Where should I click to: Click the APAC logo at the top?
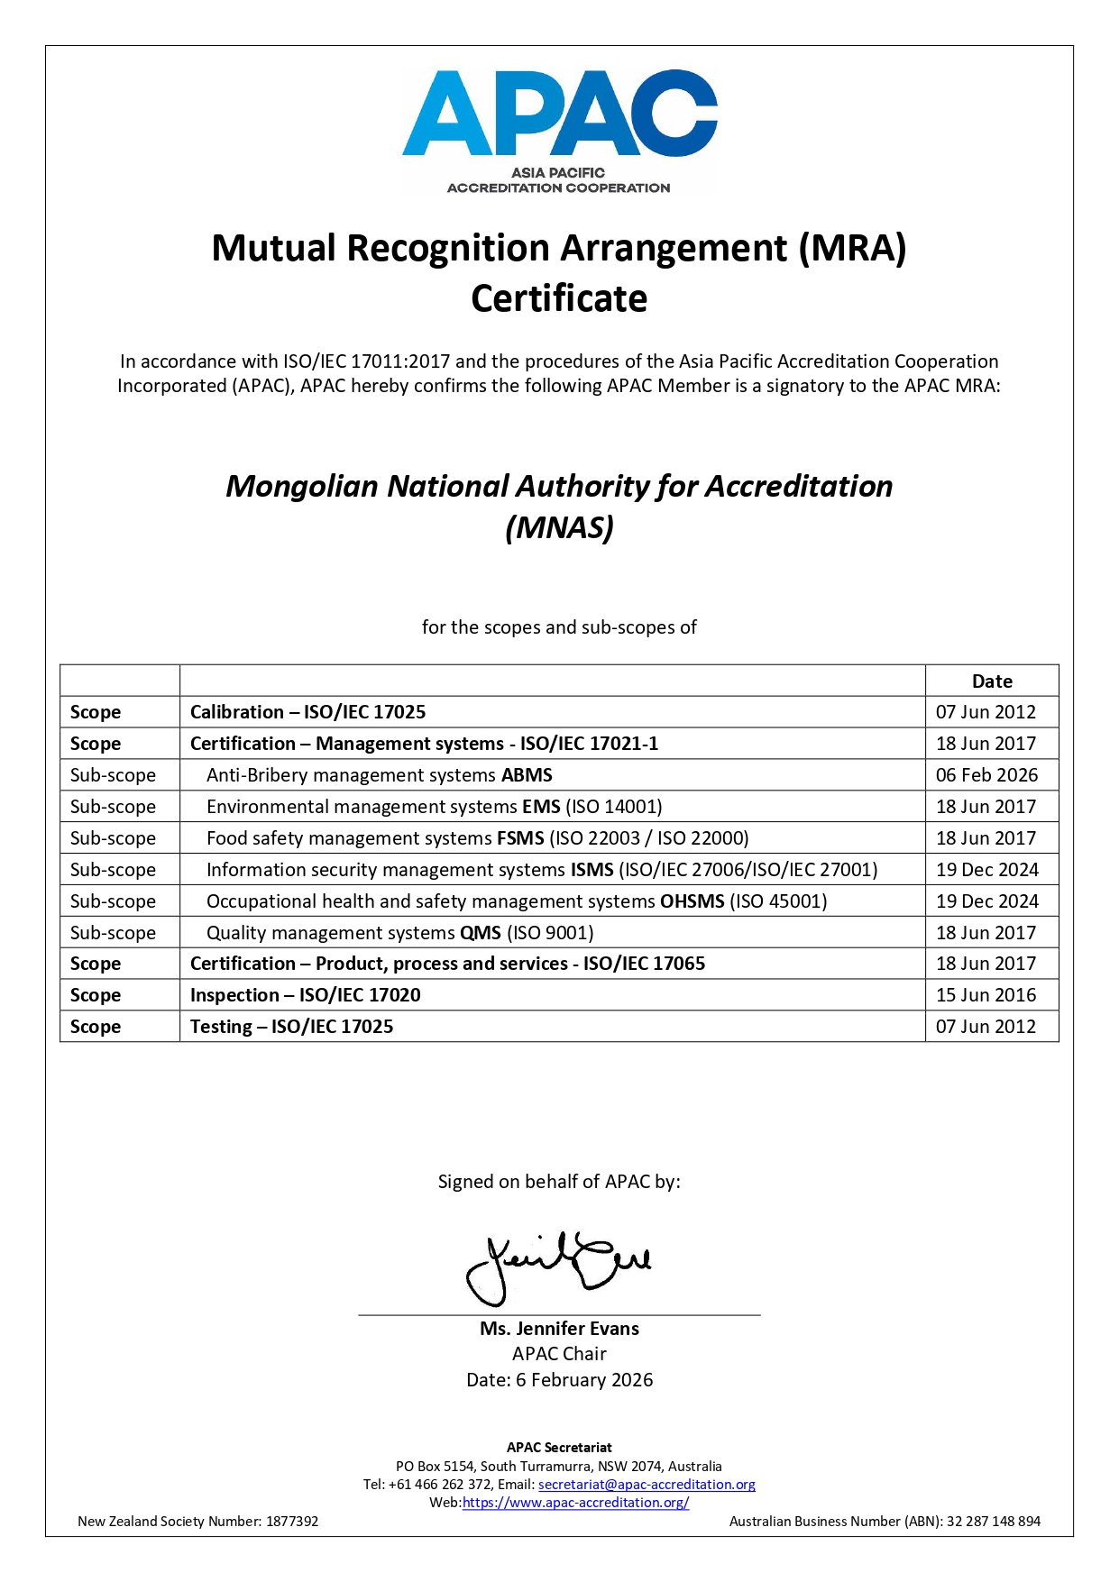pos(559,131)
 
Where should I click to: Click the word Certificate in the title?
pos(559,298)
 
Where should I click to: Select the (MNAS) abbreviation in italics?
pos(559,527)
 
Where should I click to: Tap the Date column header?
pos(992,681)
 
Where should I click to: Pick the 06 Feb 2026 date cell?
pos(986,775)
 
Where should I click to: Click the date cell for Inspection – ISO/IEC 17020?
pos(986,995)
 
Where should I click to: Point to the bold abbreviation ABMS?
pos(527,775)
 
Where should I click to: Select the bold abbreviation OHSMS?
pos(692,901)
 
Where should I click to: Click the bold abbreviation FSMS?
pos(520,838)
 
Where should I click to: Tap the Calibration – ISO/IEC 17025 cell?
pos(307,712)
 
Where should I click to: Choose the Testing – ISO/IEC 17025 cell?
pos(291,1027)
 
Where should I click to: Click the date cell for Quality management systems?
pos(986,933)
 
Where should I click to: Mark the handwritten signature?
pos(557,1267)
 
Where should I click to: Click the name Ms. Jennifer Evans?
pos(559,1329)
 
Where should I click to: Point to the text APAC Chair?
pos(559,1354)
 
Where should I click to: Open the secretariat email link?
pos(647,1485)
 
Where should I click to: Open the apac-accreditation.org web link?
pos(575,1503)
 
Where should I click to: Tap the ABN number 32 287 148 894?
pos(994,1522)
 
